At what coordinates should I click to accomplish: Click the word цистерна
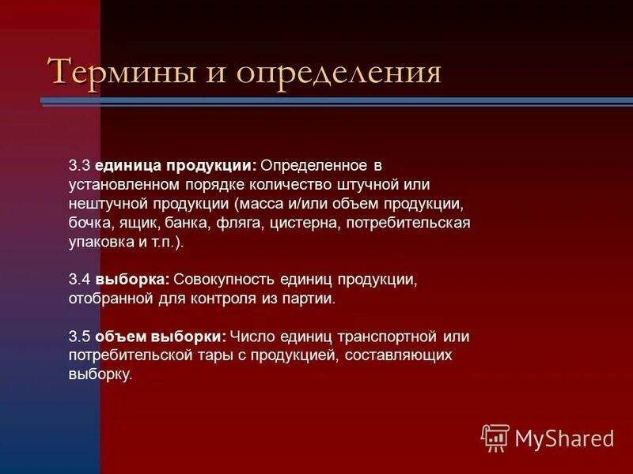(305, 224)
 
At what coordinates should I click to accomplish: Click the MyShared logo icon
(495, 436)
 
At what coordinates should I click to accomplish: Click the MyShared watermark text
(564, 438)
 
